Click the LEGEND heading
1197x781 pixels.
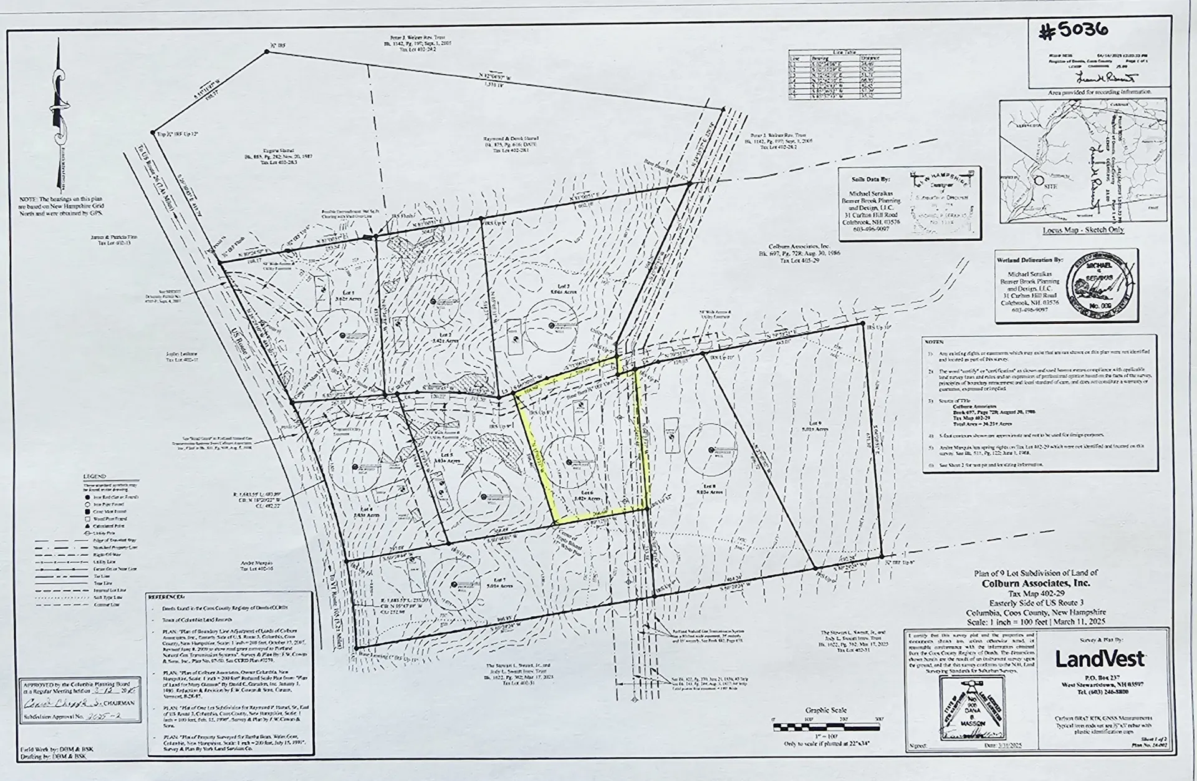pyautogui.click(x=95, y=476)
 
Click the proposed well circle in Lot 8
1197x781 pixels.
pyautogui.click(x=711, y=450)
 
